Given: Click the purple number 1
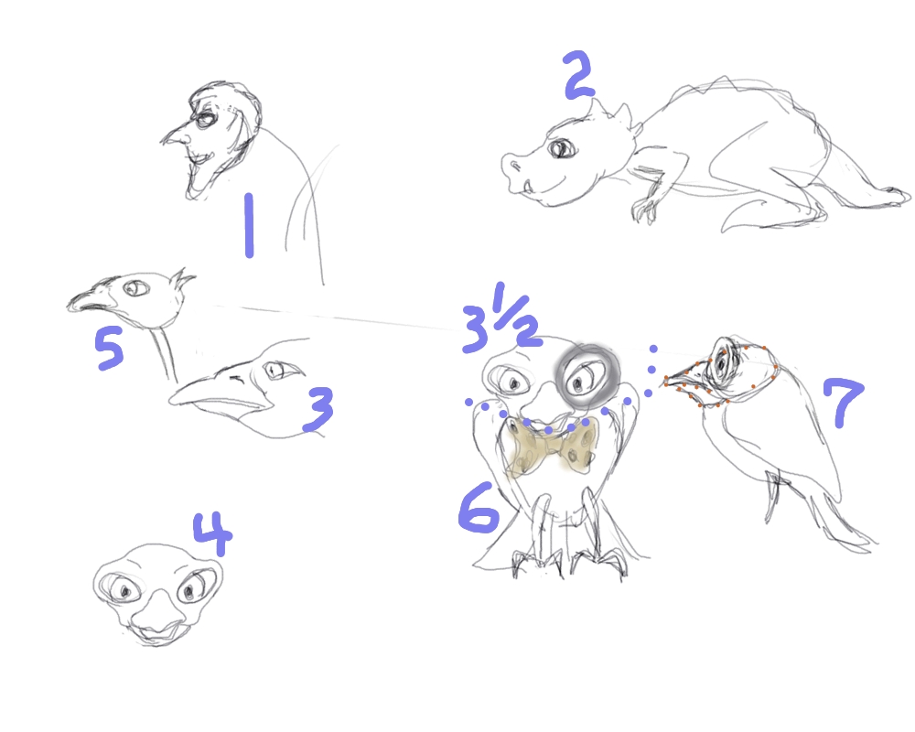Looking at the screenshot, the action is [x=249, y=225].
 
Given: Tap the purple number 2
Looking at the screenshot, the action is [x=579, y=75].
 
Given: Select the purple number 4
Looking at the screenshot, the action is [x=213, y=533].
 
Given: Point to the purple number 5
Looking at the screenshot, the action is [x=110, y=348].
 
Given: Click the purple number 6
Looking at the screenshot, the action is [x=478, y=509].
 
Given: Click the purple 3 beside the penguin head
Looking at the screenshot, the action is [x=318, y=410].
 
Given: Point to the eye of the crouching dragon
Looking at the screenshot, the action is [x=560, y=148].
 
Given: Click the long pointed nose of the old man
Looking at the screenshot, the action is [x=175, y=136].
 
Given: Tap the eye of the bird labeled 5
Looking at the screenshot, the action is [x=137, y=288].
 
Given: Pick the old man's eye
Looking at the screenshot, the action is [x=205, y=120].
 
